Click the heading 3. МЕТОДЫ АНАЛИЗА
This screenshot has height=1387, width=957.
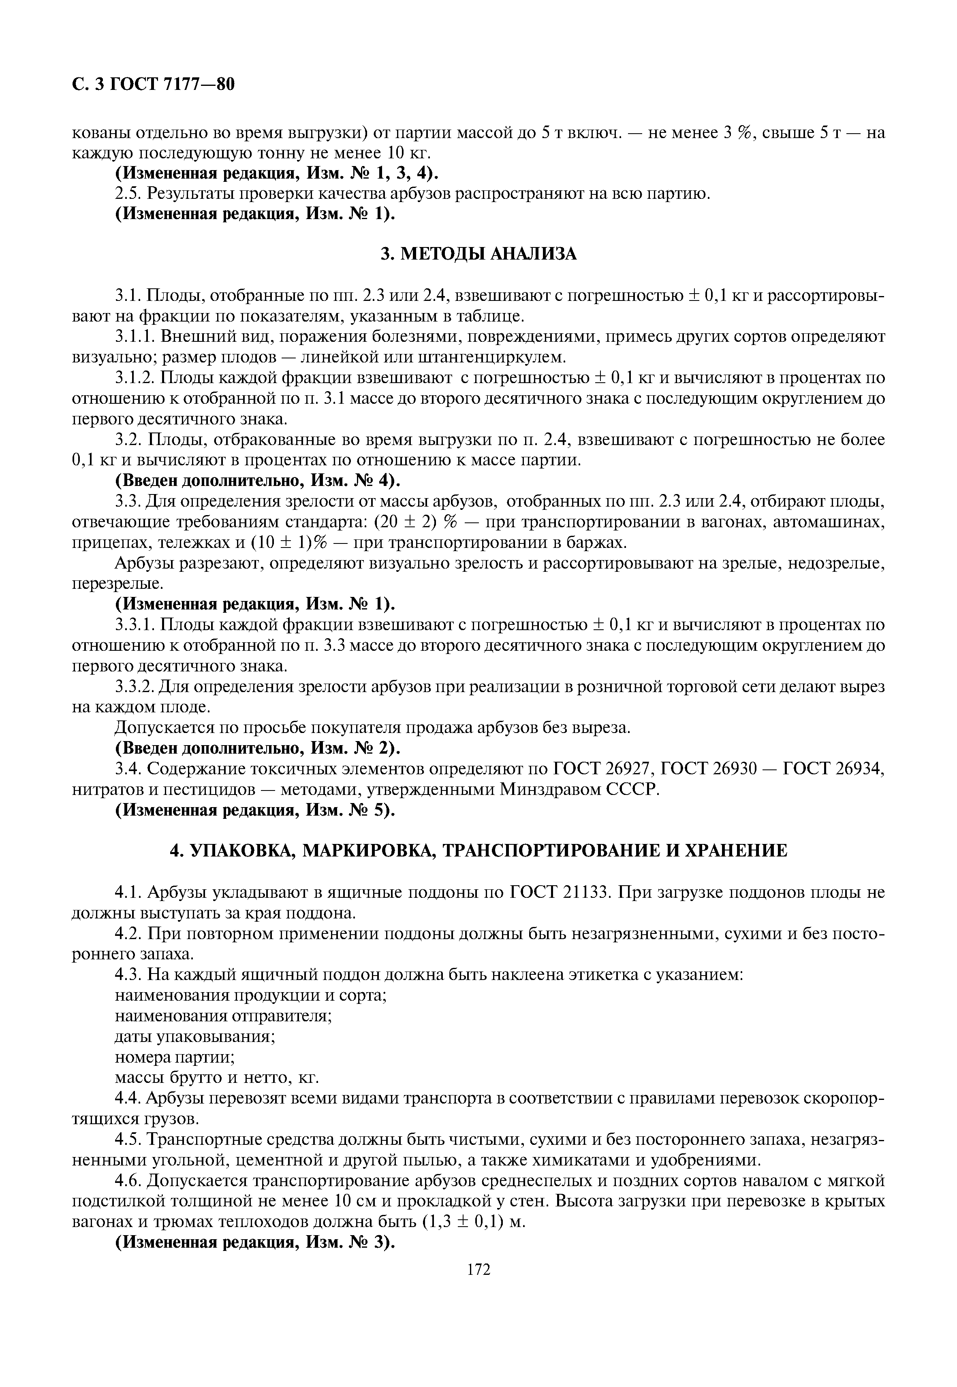[478, 254]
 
